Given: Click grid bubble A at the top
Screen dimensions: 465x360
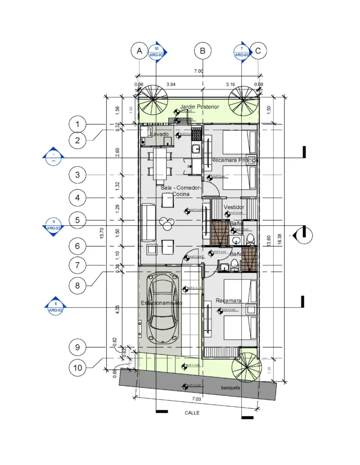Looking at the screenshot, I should (139, 51).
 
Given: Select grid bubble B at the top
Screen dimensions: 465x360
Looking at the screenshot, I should (202, 51).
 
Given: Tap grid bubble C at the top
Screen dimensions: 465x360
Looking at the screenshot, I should (258, 51).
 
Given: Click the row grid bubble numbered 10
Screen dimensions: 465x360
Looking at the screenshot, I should (77, 368).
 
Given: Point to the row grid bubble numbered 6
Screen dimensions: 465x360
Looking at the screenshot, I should (77, 246).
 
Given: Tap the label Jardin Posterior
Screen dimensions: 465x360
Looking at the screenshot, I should (199, 107).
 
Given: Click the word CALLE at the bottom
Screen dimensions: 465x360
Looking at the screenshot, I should (191, 413).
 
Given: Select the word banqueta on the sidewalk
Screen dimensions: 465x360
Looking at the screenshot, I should (231, 388).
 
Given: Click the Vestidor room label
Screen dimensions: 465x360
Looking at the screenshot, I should (233, 207).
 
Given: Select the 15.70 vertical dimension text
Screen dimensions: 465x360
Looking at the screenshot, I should (102, 233).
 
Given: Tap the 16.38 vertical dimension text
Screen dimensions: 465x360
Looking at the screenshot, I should (280, 239).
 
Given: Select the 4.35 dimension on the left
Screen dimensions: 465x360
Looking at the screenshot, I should (117, 311).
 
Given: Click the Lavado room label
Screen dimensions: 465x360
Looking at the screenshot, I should (159, 134).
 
